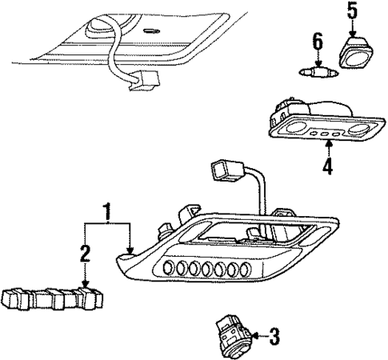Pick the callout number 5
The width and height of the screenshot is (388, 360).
pyautogui.click(x=352, y=10)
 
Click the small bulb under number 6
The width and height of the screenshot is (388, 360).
pyautogui.click(x=316, y=73)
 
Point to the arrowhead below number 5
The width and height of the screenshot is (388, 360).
pyautogui.click(x=352, y=30)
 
